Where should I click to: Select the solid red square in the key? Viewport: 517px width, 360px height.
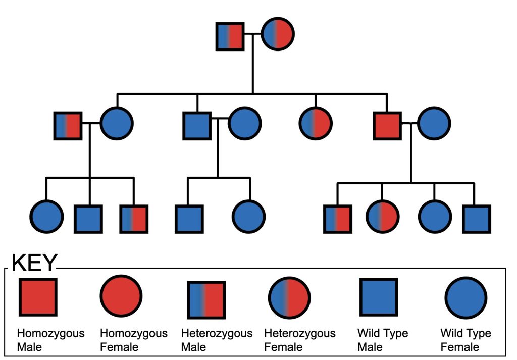pyautogui.click(x=38, y=297)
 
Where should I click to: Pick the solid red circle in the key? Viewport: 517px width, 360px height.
pyautogui.click(x=121, y=296)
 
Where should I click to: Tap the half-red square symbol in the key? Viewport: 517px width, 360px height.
pyautogui.click(x=206, y=300)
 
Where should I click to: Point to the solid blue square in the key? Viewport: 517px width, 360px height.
pyautogui.click(x=378, y=297)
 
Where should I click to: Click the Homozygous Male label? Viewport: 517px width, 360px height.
pyautogui.click(x=50, y=340)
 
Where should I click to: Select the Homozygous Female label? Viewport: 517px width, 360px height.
pyautogui.click(x=134, y=340)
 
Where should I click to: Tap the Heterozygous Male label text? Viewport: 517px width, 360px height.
pyautogui.click(x=217, y=340)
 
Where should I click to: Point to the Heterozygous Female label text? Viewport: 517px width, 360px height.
pyautogui.click(x=300, y=340)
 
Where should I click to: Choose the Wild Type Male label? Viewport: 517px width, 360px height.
pyautogui.click(x=383, y=340)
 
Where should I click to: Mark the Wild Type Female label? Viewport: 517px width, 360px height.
pyautogui.click(x=466, y=340)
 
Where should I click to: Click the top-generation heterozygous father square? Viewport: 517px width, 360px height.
pyautogui.click(x=230, y=36)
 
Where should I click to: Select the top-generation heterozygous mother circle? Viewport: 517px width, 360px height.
pyautogui.click(x=278, y=34)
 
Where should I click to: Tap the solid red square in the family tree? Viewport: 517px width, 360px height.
pyautogui.click(x=387, y=126)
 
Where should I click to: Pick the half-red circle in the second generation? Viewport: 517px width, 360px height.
pyautogui.click(x=316, y=123)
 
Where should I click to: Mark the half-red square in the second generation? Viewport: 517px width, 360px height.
pyautogui.click(x=68, y=126)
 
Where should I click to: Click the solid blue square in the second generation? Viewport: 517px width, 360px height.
pyautogui.click(x=197, y=126)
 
